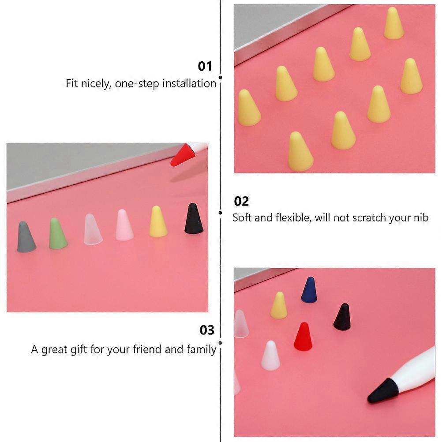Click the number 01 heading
point(205,66)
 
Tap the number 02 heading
point(241,201)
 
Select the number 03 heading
point(207,330)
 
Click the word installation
point(189,83)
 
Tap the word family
point(202,349)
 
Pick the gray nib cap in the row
point(26,237)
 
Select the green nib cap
point(58,233)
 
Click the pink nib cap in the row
point(124,225)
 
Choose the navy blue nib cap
point(309,290)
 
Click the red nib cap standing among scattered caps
point(303,337)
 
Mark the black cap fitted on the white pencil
point(382,391)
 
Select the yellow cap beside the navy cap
point(278,306)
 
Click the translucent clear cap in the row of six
point(93,229)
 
